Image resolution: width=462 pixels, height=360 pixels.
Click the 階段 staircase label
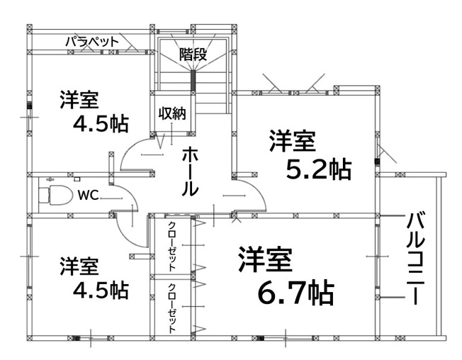193,54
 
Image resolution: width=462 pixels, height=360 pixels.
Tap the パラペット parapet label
92,42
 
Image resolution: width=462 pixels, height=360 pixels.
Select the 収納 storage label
172,113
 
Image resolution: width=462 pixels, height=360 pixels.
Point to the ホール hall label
189,171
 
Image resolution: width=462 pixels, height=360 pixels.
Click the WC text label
88,195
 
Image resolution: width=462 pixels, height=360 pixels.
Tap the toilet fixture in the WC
56,195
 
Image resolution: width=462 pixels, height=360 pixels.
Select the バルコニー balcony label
416,259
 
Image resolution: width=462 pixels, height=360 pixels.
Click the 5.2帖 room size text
319,170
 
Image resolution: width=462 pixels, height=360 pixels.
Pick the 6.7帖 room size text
295,293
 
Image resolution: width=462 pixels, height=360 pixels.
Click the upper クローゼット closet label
172,247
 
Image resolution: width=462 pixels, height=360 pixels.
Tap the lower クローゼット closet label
172,308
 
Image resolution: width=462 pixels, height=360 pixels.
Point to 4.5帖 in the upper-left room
101,124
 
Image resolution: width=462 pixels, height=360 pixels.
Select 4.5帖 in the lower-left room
101,290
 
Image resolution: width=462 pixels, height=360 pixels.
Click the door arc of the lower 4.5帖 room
127,236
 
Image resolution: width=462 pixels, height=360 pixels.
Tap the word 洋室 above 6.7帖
265,260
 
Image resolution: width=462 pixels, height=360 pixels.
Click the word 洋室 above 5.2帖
293,141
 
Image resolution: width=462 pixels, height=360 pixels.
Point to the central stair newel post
193,80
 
